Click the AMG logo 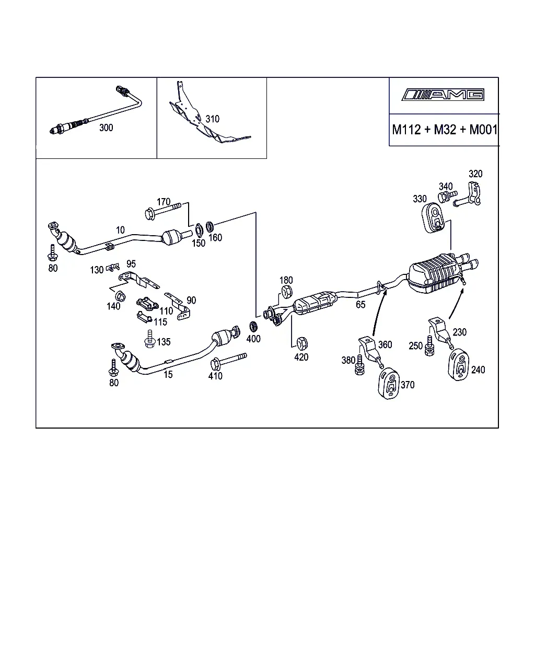click(x=443, y=95)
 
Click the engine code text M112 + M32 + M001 click(x=445, y=130)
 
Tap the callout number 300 click(x=106, y=128)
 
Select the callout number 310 click(x=212, y=119)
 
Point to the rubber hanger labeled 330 click(x=433, y=217)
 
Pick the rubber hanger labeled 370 click(x=389, y=383)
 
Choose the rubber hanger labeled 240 click(x=459, y=364)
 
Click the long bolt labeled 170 click(x=163, y=211)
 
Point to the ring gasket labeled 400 click(x=254, y=327)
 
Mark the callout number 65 click(x=360, y=304)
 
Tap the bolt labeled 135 click(x=150, y=339)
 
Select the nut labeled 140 click(x=120, y=296)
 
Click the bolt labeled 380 click(x=359, y=365)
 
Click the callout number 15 click(x=168, y=374)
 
